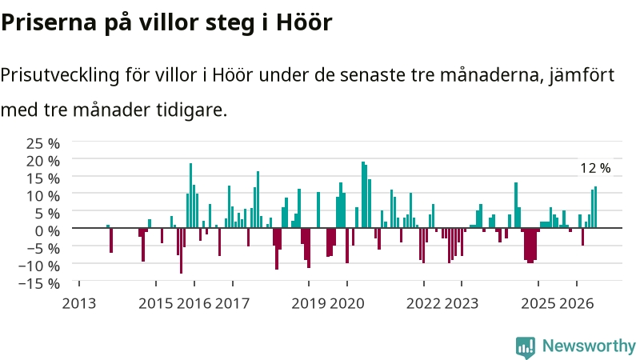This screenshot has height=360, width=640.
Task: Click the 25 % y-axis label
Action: pos(43,144)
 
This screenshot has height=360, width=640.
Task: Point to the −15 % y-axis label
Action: pos(39,283)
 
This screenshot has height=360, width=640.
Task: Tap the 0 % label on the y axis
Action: pos(47,231)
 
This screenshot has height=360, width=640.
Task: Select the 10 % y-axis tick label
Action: pos(43,196)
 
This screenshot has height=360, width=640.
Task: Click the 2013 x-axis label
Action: pos(78,304)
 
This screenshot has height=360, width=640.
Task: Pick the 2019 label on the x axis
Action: pos(309,304)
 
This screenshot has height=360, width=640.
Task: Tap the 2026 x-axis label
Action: pos(576,304)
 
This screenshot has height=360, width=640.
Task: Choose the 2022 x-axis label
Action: pos(423,304)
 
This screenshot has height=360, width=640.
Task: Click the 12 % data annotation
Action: pos(595,168)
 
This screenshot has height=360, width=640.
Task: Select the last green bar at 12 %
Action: pos(595,207)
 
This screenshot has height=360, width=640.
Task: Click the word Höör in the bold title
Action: pos(304,22)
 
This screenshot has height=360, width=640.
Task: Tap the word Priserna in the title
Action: pos(49,22)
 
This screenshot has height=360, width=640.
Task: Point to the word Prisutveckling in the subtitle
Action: pos(60,75)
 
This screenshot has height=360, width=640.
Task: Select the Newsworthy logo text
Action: pos(589,346)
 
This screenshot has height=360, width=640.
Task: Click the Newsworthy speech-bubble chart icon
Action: pos(526,347)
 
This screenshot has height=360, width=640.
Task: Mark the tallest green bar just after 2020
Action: pos(363,194)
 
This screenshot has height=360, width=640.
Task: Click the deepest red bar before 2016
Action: pos(182,250)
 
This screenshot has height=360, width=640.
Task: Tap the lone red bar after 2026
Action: pos(583,237)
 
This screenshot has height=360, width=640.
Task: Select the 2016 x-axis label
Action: pos(194,304)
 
